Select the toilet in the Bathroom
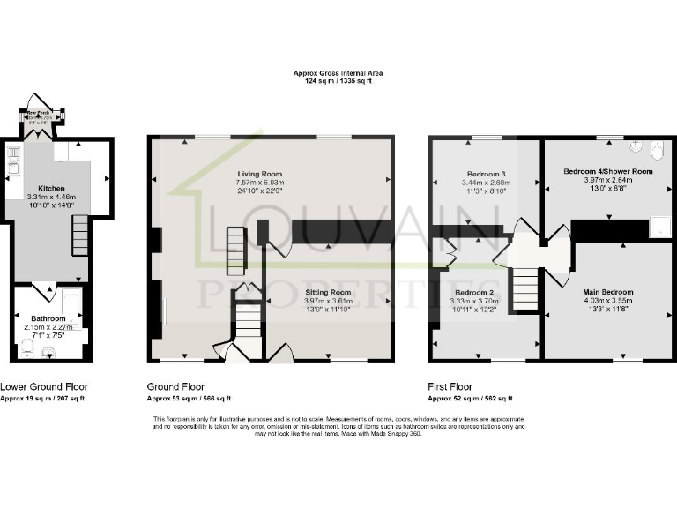[x=29, y=351]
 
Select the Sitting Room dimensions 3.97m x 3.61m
[x=328, y=301]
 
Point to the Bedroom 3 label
[x=486, y=174]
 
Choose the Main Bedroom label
[x=607, y=291]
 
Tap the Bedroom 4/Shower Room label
[x=607, y=171]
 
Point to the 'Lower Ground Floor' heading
[x=43, y=386]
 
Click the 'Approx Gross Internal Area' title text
[x=338, y=73]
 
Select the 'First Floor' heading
[x=450, y=386]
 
